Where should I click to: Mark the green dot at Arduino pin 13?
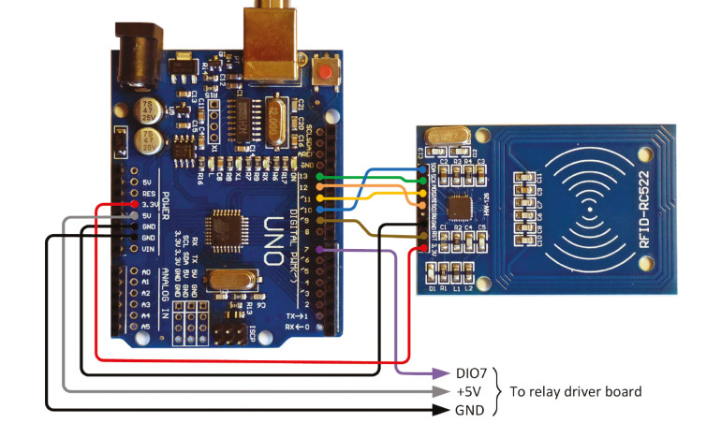[320, 176]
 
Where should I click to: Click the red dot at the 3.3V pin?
[135, 203]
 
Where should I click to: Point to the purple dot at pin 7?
[320, 250]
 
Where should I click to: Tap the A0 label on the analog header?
[145, 272]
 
